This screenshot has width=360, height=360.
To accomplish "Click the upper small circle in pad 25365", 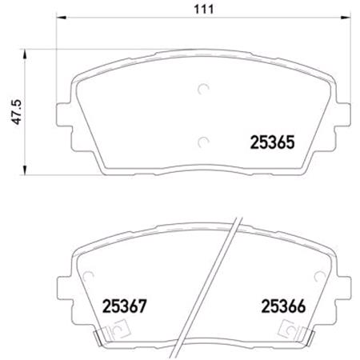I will (202, 89).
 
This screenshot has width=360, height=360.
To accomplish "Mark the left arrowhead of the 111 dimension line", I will (61, 24).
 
